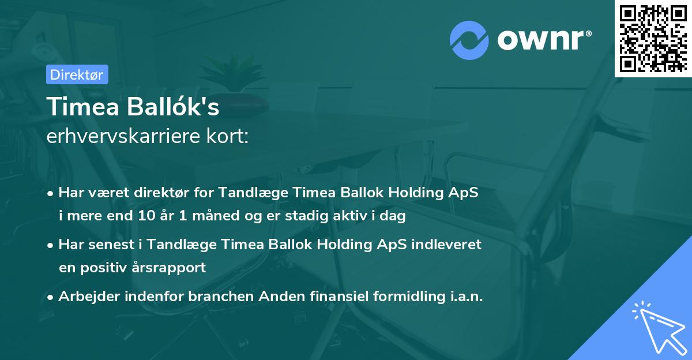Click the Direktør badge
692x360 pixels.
coord(77,74)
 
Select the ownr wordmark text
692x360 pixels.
coord(543,39)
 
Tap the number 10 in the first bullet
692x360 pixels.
coord(144,216)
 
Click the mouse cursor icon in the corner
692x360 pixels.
coord(659,327)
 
